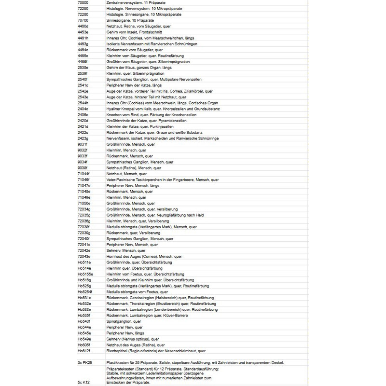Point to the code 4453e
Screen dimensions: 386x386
click(x=83, y=32)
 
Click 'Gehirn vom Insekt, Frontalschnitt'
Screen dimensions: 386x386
click(x=134, y=32)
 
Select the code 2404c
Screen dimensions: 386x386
click(x=83, y=109)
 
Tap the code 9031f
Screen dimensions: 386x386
click(x=83, y=144)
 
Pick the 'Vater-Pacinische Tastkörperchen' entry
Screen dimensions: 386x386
click(x=162, y=179)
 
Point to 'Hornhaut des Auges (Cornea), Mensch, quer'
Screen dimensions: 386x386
click(x=143, y=256)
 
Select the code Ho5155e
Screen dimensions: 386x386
click(x=85, y=274)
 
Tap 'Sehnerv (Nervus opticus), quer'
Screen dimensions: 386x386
click(x=132, y=339)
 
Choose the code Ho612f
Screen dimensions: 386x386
click(x=83, y=351)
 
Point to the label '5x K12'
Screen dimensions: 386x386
click(x=83, y=382)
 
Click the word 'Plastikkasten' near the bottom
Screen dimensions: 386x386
click(x=118, y=362)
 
